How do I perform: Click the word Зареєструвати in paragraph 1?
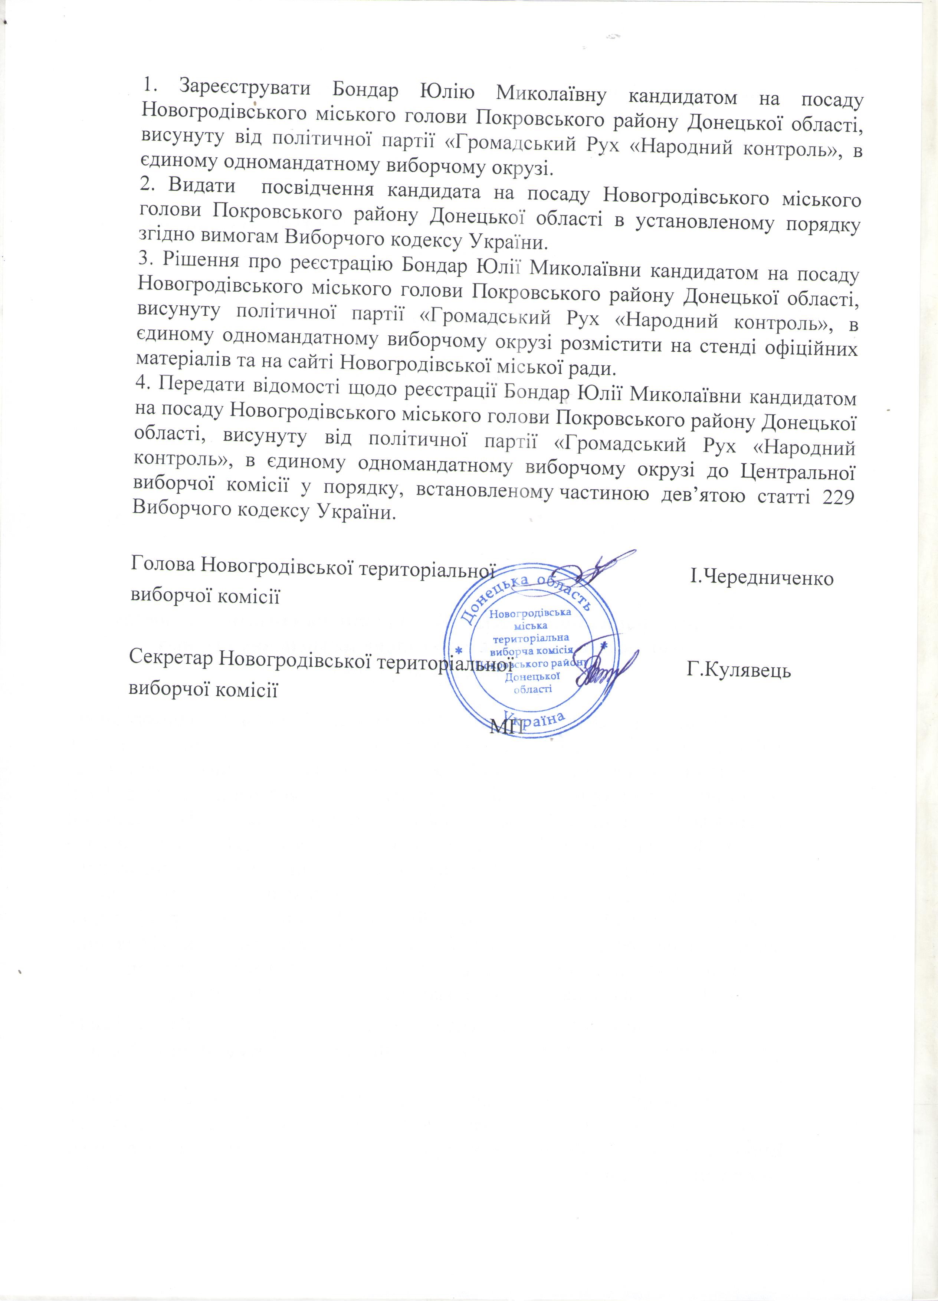245,89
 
